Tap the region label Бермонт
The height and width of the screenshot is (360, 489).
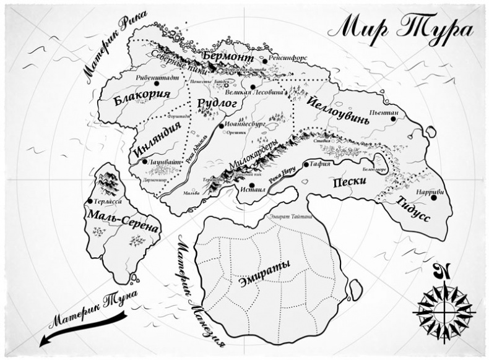click(229, 58)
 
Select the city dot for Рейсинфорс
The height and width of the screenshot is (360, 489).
click(264, 61)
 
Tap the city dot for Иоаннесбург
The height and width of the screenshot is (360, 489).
click(221, 126)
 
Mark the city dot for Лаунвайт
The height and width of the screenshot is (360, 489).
click(144, 161)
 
